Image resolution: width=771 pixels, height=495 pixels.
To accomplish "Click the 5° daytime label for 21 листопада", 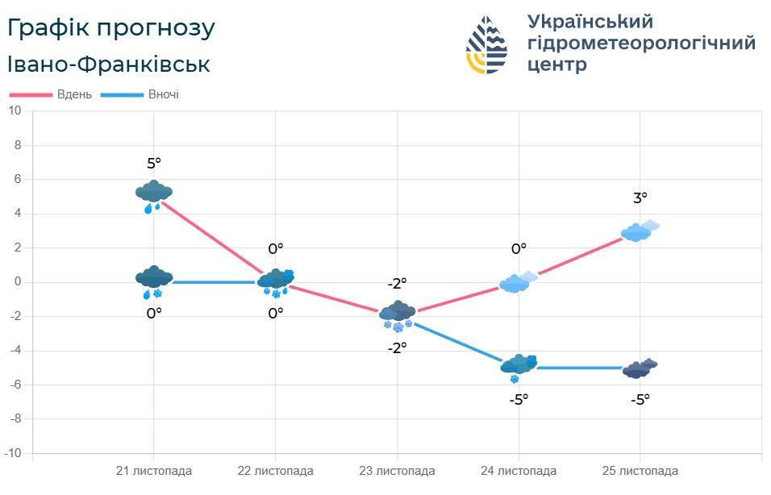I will (154, 164).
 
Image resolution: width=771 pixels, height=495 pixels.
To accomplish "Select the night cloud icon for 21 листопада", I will (154, 280).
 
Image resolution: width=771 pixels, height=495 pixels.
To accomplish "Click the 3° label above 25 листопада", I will (640, 198).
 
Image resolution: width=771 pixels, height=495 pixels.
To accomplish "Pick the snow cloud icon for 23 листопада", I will (398, 314).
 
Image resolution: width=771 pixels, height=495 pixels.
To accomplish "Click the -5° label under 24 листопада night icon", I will (519, 399).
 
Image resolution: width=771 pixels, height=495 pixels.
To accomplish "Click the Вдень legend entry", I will (52, 95).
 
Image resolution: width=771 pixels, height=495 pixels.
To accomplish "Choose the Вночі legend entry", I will (140, 95).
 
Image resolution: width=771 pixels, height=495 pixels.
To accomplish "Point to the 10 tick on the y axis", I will (15, 111).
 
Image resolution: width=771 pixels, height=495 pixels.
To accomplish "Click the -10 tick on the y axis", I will (13, 453).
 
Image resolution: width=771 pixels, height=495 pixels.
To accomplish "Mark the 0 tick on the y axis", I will (18, 282).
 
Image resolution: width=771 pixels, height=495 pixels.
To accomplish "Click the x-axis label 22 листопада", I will (275, 471).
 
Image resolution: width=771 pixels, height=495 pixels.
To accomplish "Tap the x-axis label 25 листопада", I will (640, 471).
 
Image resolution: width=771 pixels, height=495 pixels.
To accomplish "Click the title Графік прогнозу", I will (111, 28).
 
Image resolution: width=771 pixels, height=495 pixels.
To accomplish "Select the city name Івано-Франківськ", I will (109, 64).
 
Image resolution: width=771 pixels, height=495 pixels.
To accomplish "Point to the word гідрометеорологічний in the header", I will (641, 43).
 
